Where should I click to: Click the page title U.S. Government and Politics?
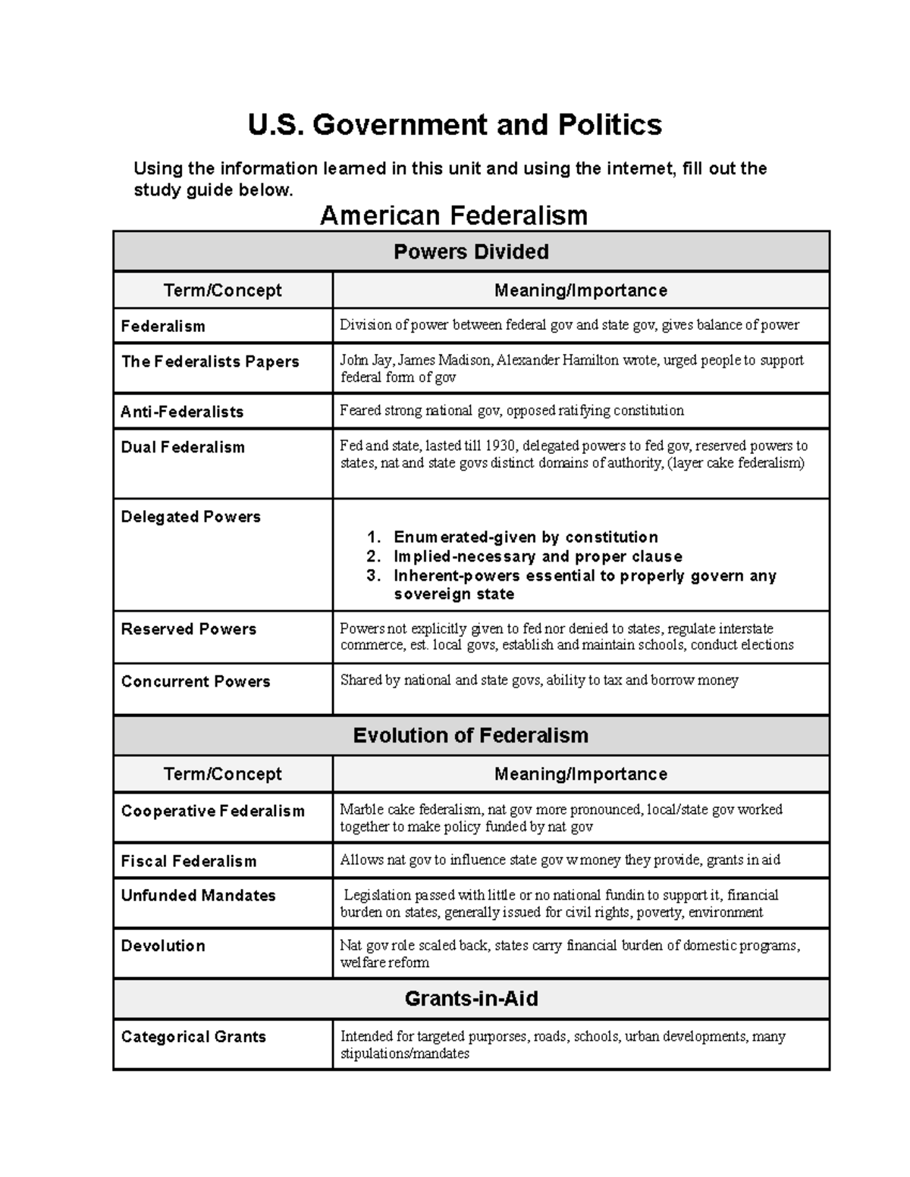pyautogui.click(x=454, y=125)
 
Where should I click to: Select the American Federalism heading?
pyautogui.click(x=453, y=216)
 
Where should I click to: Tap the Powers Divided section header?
pyautogui.click(x=471, y=252)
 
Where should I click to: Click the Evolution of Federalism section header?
pyautogui.click(x=471, y=735)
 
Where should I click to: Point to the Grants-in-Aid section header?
pyautogui.click(x=471, y=998)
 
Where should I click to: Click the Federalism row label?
pyautogui.click(x=163, y=327)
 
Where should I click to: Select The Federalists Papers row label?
pyautogui.click(x=210, y=362)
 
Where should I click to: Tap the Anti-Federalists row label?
pyautogui.click(x=182, y=412)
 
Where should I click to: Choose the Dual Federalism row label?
pyautogui.click(x=183, y=447)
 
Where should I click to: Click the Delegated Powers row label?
pyautogui.click(x=190, y=517)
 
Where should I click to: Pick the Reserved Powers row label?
pyautogui.click(x=188, y=629)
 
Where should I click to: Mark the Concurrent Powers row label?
pyautogui.click(x=196, y=681)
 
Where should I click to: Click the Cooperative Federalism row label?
pyautogui.click(x=212, y=811)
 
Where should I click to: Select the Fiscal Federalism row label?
pyautogui.click(x=189, y=862)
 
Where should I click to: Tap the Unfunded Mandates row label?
pyautogui.click(x=198, y=896)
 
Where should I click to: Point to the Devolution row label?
pyautogui.click(x=163, y=946)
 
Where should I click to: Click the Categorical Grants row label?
pyautogui.click(x=193, y=1037)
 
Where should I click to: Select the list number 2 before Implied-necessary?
pyautogui.click(x=372, y=557)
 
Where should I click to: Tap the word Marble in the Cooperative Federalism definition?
pyautogui.click(x=361, y=809)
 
